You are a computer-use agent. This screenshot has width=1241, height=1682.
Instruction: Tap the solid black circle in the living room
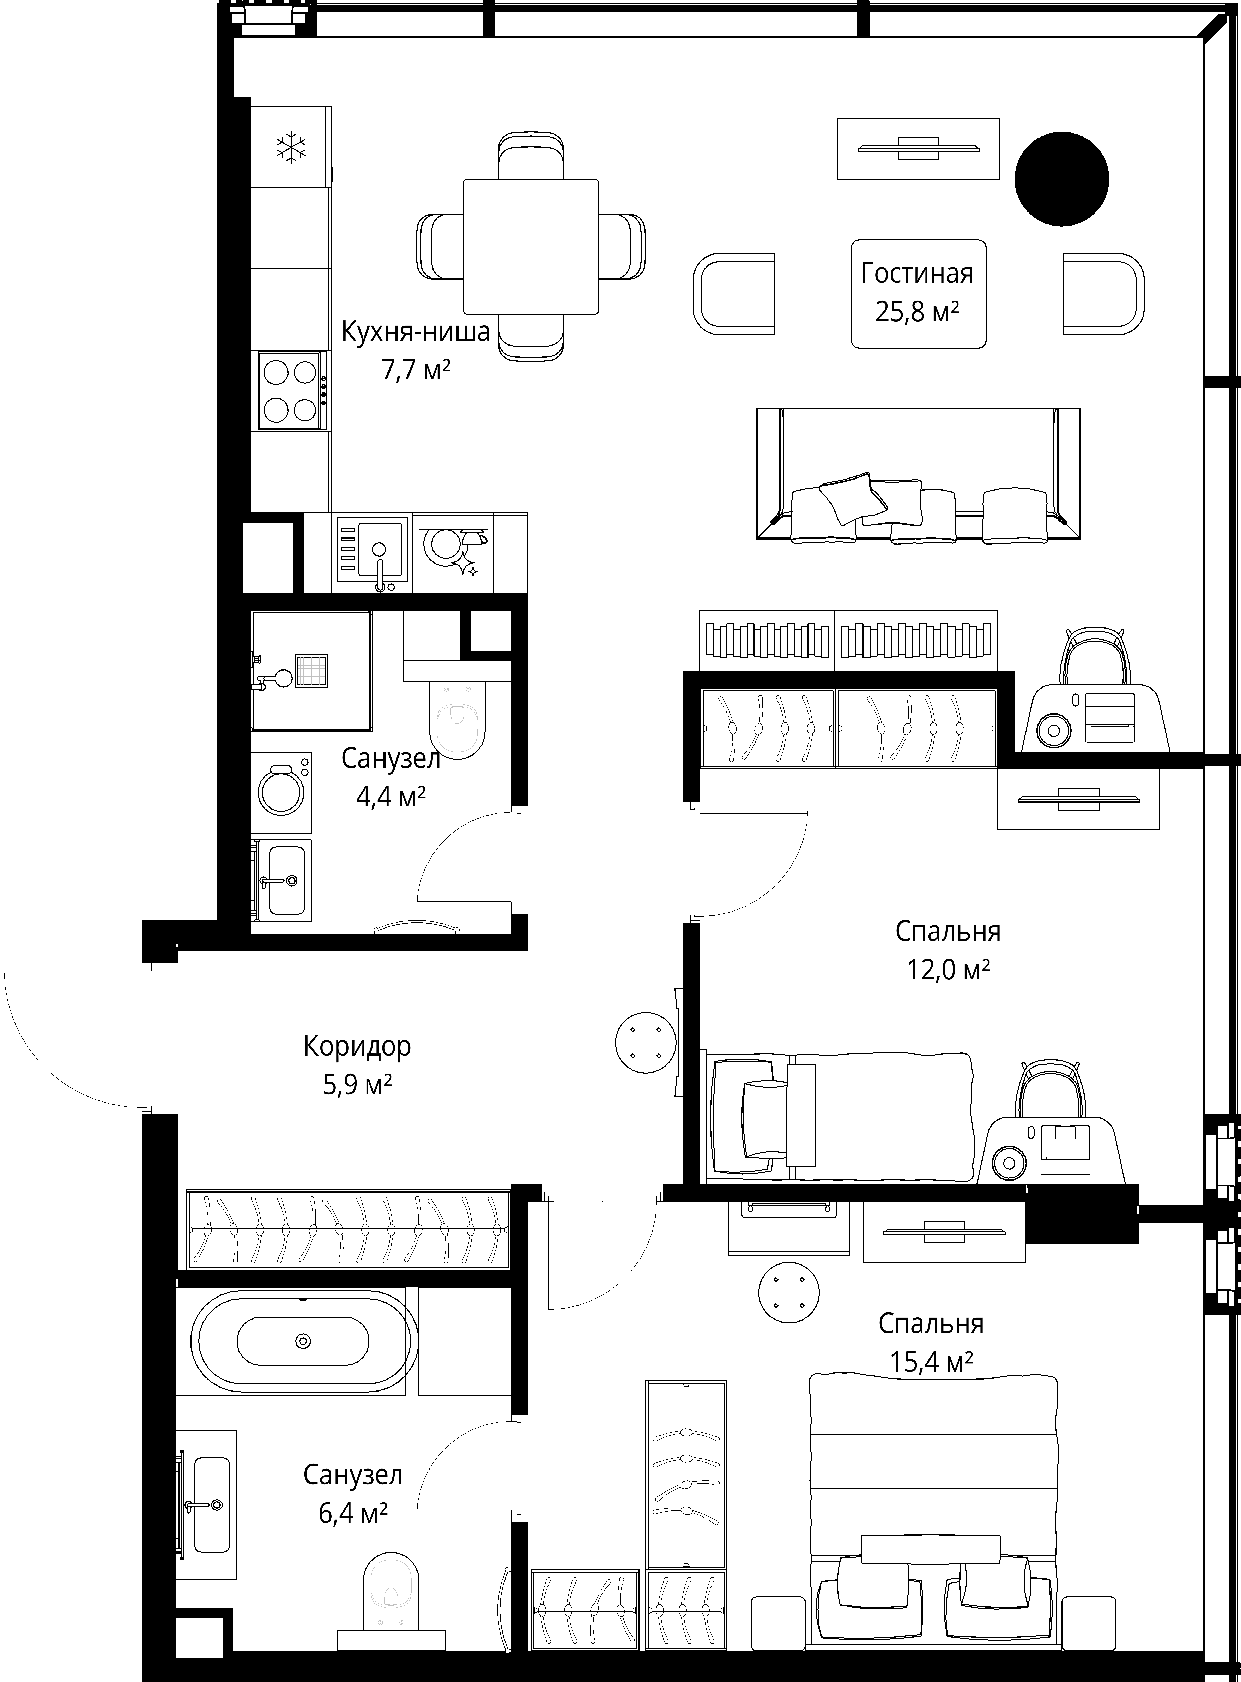click(1061, 179)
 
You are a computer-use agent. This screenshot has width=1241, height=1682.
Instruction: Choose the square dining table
click(531, 246)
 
